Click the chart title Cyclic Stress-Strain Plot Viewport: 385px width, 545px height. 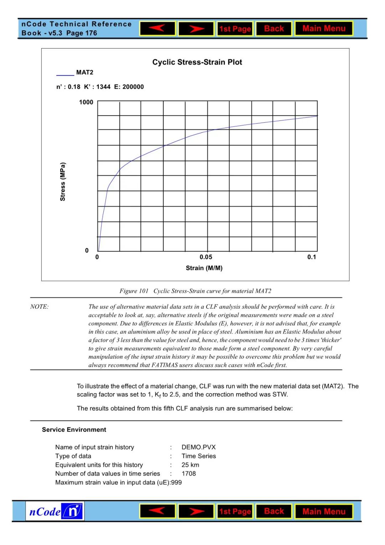[197, 62]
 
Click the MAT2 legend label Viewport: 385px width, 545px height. [84, 72]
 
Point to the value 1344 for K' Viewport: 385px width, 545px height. [103, 87]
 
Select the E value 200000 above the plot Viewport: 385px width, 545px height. [133, 87]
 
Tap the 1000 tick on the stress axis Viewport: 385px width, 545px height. [86, 102]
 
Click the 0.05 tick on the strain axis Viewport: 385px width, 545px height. [206, 257]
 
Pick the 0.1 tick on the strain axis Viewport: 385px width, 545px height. [312, 257]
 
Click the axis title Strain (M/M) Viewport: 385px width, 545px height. [204, 268]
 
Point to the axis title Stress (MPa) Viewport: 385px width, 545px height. [63, 182]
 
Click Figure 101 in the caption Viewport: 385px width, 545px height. [134, 291]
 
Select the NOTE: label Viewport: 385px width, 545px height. [40, 307]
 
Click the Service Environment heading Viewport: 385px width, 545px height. [74, 430]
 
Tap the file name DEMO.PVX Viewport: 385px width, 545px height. [199, 447]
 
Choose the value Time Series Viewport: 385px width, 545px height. [199, 456]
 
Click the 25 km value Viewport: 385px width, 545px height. [190, 465]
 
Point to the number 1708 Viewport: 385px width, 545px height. [189, 474]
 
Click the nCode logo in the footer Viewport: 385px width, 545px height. [55, 511]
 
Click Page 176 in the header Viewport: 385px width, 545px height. [82, 33]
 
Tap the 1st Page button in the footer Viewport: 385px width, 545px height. [235, 511]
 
